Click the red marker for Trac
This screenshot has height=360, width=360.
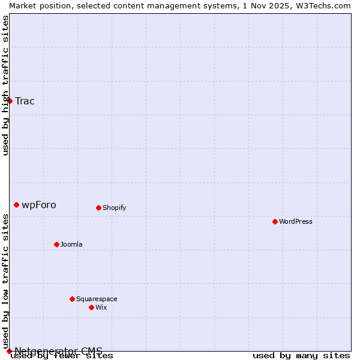click(10, 101)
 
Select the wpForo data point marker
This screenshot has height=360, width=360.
click(16, 205)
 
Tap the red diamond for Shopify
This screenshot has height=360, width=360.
click(98, 208)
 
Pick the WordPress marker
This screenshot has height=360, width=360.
click(275, 222)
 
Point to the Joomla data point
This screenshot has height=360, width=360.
click(56, 245)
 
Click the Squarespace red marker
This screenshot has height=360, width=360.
click(72, 299)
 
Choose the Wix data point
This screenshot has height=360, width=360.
click(91, 308)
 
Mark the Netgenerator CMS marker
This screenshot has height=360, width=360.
click(9, 351)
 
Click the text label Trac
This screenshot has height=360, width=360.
click(25, 101)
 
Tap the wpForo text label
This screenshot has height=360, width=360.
click(39, 205)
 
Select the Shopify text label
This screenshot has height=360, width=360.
click(114, 208)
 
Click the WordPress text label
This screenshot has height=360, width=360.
click(295, 222)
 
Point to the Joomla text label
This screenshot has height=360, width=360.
click(71, 245)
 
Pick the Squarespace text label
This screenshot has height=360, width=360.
click(97, 299)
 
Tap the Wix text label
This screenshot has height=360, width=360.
click(101, 308)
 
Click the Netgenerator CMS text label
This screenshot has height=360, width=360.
click(58, 351)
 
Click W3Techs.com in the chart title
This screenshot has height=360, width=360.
click(327, 5)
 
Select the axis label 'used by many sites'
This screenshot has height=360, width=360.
click(301, 356)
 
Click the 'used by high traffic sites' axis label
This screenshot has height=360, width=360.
click(5, 85)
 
